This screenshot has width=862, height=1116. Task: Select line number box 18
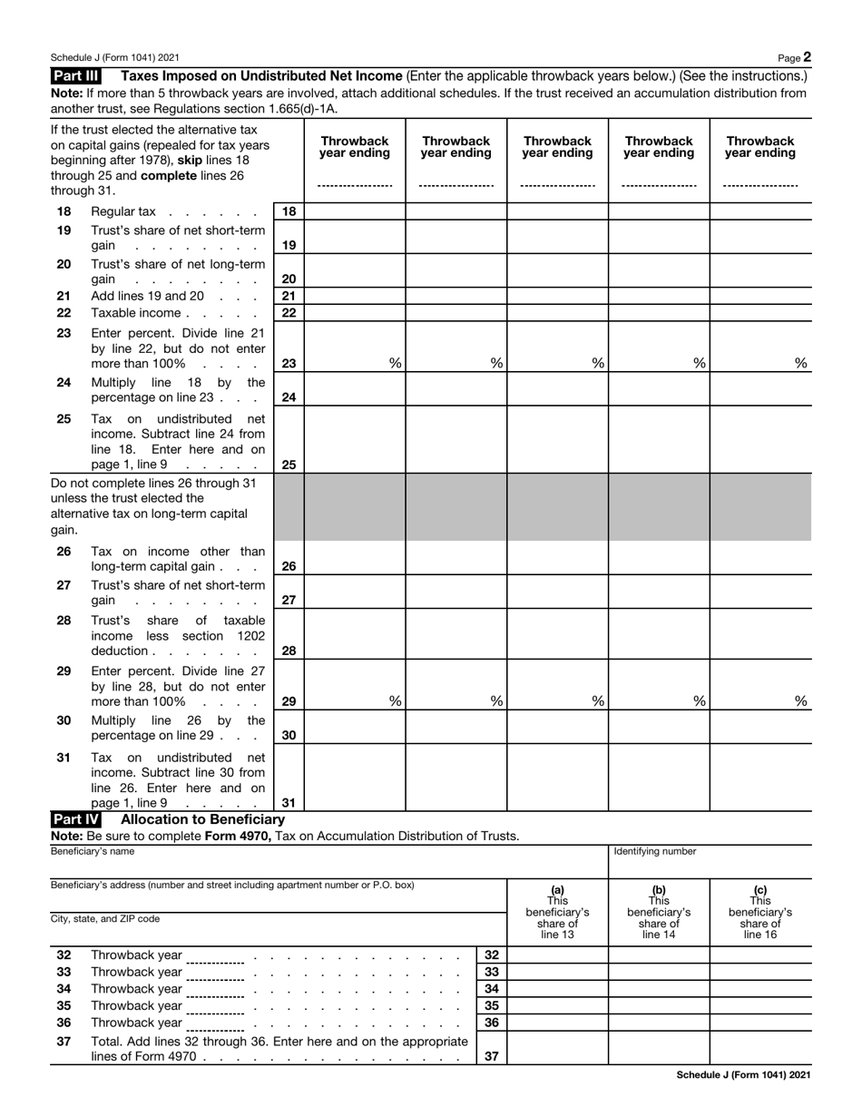289,211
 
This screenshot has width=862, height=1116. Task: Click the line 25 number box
289,465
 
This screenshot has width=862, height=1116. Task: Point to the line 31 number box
289,802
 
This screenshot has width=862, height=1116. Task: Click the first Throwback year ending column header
354,147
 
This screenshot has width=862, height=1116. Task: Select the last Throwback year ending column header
759,147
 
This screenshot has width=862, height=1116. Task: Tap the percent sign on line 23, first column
395,363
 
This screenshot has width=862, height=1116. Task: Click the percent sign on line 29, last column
801,700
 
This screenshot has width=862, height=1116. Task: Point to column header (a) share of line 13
557,912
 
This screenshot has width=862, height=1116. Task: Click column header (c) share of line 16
759,912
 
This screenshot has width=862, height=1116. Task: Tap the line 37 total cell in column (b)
658,1049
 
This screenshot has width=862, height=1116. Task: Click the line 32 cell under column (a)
557,954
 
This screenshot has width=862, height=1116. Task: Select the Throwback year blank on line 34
215,990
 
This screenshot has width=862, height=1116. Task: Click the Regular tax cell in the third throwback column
557,211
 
